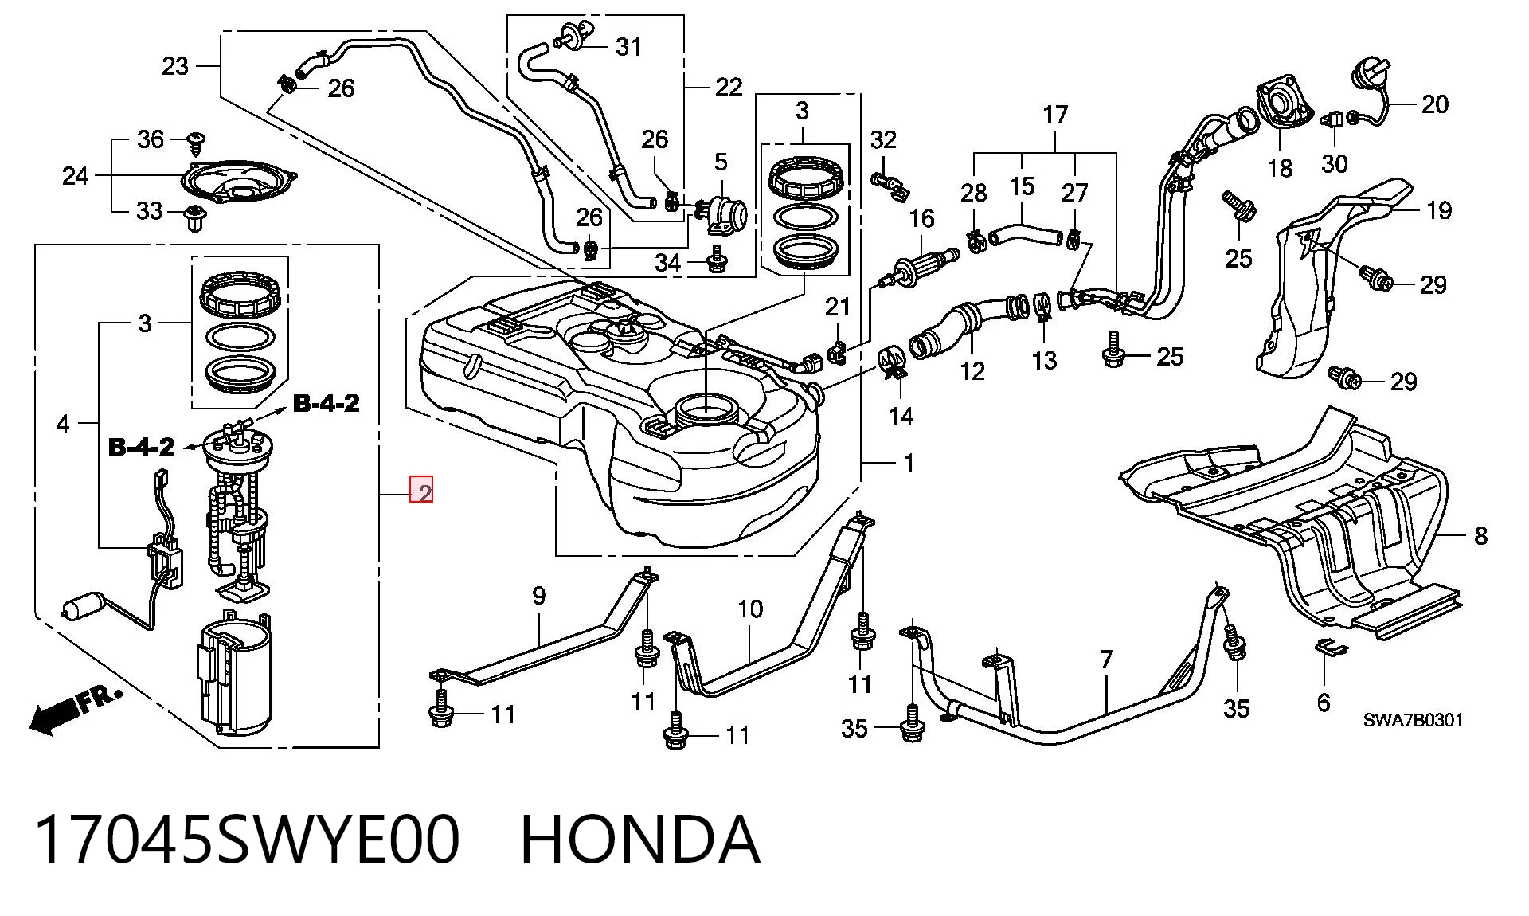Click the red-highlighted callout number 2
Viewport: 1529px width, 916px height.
point(421,491)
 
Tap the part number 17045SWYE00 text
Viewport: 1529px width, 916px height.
point(248,840)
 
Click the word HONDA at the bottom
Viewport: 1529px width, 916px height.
point(640,840)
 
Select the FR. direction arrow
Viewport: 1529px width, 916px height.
point(76,709)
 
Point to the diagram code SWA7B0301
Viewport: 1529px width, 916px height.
point(1414,721)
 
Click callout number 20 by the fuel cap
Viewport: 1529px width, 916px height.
point(1434,104)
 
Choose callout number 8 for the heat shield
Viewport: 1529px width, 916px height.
point(1480,535)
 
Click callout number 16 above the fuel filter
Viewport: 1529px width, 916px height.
point(921,218)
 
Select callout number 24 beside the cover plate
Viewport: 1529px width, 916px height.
point(76,175)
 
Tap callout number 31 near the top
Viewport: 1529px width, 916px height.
point(628,47)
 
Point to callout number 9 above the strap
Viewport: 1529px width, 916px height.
point(539,595)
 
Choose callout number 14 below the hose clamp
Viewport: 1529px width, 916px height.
point(901,415)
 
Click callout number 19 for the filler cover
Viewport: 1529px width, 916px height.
point(1438,210)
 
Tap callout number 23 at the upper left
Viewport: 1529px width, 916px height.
point(175,65)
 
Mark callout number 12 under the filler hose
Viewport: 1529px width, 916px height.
point(972,370)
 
